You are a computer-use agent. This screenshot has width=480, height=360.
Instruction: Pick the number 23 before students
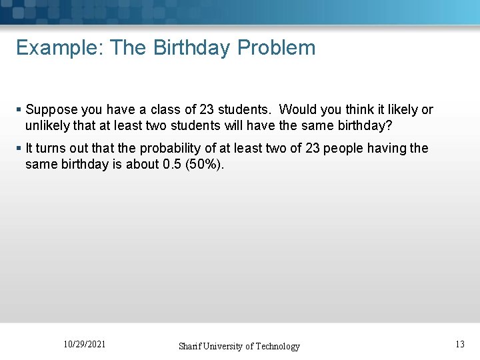click(x=207, y=110)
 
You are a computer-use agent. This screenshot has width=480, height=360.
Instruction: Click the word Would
click(x=297, y=110)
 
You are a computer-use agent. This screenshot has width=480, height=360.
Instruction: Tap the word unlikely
click(x=49, y=125)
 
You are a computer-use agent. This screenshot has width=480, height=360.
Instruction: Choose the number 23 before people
click(x=313, y=148)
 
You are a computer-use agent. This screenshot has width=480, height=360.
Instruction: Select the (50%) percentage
click(x=204, y=163)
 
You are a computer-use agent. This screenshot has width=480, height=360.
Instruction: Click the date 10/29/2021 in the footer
click(x=84, y=345)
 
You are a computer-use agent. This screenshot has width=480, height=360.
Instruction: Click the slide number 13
click(x=460, y=345)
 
